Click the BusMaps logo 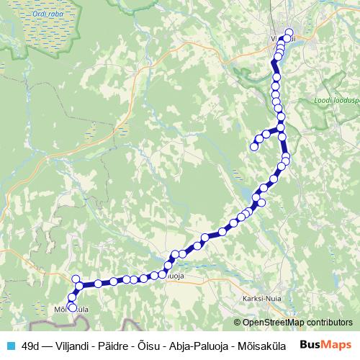(x=325, y=345)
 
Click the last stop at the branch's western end (x=253, y=147)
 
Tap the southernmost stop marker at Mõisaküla (x=72, y=308)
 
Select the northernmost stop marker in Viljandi (x=289, y=32)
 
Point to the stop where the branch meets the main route (x=281, y=128)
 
